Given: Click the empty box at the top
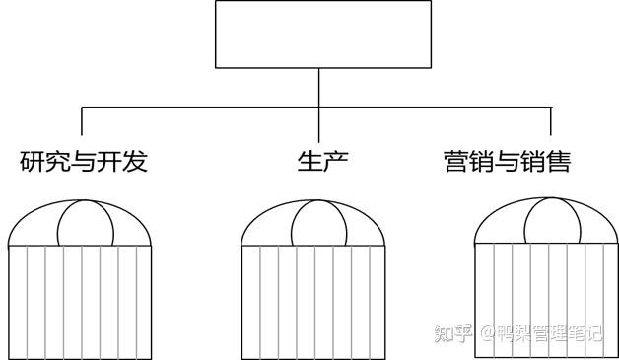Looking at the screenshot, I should click(322, 35).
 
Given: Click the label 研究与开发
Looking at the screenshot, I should click(84, 162).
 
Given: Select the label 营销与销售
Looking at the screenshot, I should click(507, 162).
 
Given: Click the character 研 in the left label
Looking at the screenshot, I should click(33, 162).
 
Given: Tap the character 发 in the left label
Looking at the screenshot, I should click(135, 162).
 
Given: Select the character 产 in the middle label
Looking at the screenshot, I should click(335, 162).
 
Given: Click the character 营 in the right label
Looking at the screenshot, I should click(456, 162).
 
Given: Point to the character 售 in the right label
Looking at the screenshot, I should click(558, 162).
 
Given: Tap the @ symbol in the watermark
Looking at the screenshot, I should click(486, 333).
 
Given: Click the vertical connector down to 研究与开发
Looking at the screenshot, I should click(82, 121).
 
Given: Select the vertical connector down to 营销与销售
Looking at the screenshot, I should click(550, 121).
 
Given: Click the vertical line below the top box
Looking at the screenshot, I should click(319, 87).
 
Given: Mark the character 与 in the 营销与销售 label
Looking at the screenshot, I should click(507, 162).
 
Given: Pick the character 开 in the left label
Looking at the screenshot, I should click(109, 162).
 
